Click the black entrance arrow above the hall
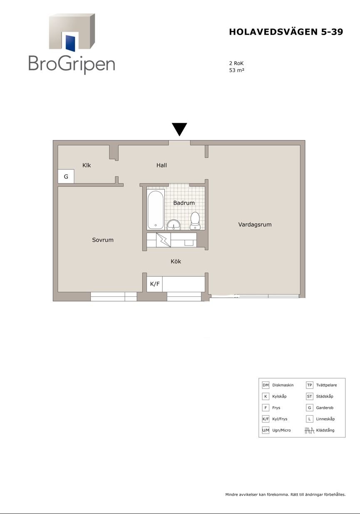click(x=179, y=129)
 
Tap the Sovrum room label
click(x=102, y=240)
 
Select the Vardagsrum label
click(x=255, y=224)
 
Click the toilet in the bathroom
click(x=195, y=221)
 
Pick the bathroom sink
click(x=174, y=225)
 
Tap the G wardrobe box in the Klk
click(x=66, y=176)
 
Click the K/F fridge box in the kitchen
click(x=155, y=284)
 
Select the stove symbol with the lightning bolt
click(x=164, y=240)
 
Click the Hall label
click(x=161, y=165)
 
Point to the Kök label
click(x=176, y=261)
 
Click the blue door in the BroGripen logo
click(x=70, y=43)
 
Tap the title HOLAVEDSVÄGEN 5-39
click(x=286, y=32)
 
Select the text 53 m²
click(x=236, y=70)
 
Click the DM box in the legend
click(x=266, y=385)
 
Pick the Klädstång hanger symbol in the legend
click(x=309, y=430)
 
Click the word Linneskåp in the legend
click(x=325, y=419)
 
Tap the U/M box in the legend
click(x=266, y=430)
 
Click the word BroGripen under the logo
click(x=72, y=64)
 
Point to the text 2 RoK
click(x=236, y=63)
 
